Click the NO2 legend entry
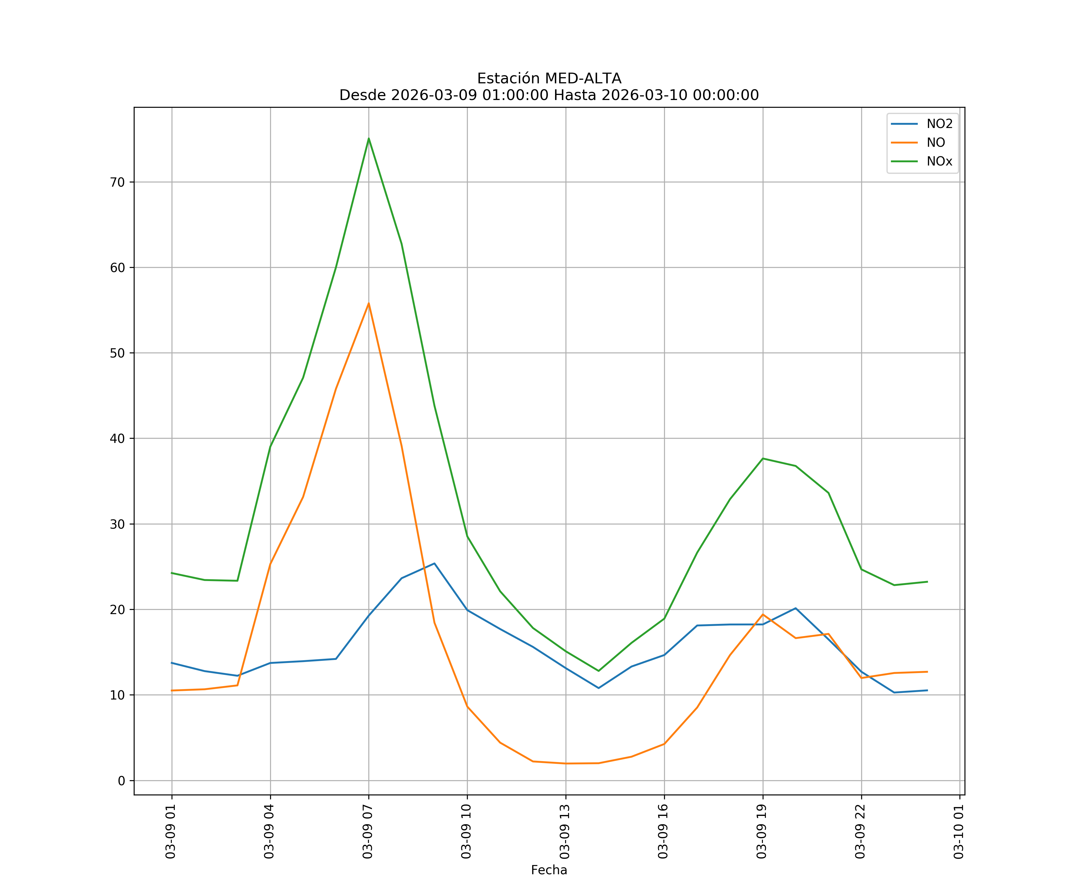[x=939, y=124]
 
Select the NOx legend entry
[x=939, y=162]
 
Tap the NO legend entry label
[x=936, y=143]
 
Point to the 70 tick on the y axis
[x=117, y=182]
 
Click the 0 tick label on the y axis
[x=121, y=781]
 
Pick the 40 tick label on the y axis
[x=117, y=438]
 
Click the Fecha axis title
[x=549, y=870]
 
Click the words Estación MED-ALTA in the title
[x=549, y=79]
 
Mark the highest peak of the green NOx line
[x=369, y=138]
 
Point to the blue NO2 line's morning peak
[x=434, y=563]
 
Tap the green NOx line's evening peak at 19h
[x=763, y=458]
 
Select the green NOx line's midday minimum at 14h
[x=598, y=671]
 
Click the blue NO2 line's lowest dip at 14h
[x=598, y=688]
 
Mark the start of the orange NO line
[x=172, y=690]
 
